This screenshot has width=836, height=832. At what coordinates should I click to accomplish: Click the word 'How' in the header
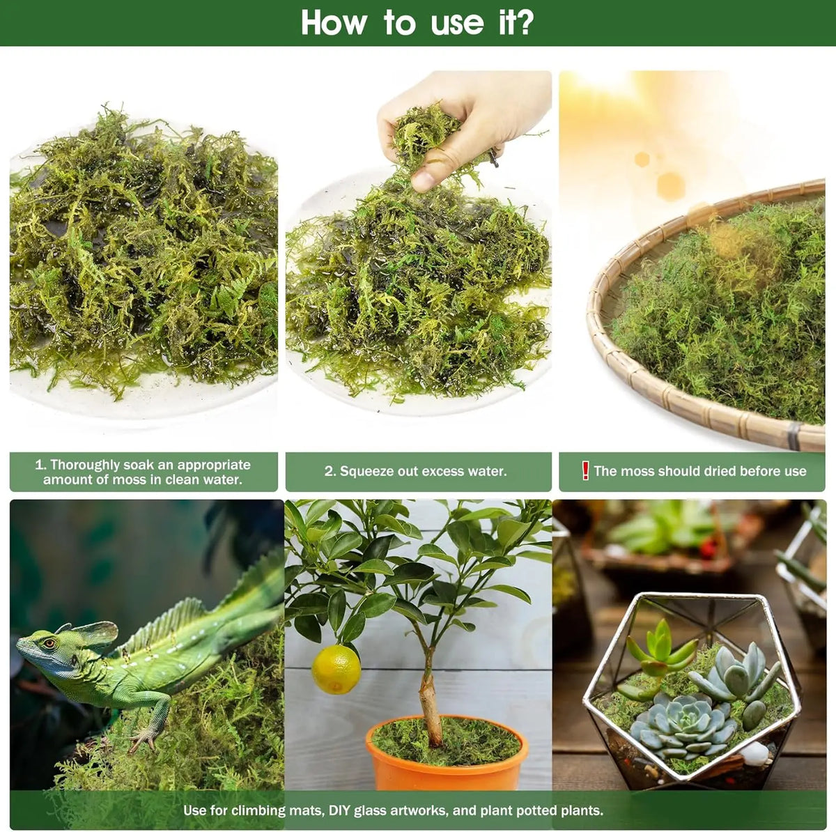(x=334, y=22)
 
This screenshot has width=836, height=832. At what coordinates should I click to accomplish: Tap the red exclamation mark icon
(x=585, y=470)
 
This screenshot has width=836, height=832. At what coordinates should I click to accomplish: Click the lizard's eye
(x=49, y=642)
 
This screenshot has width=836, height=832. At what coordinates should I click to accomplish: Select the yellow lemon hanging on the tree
(x=336, y=669)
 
